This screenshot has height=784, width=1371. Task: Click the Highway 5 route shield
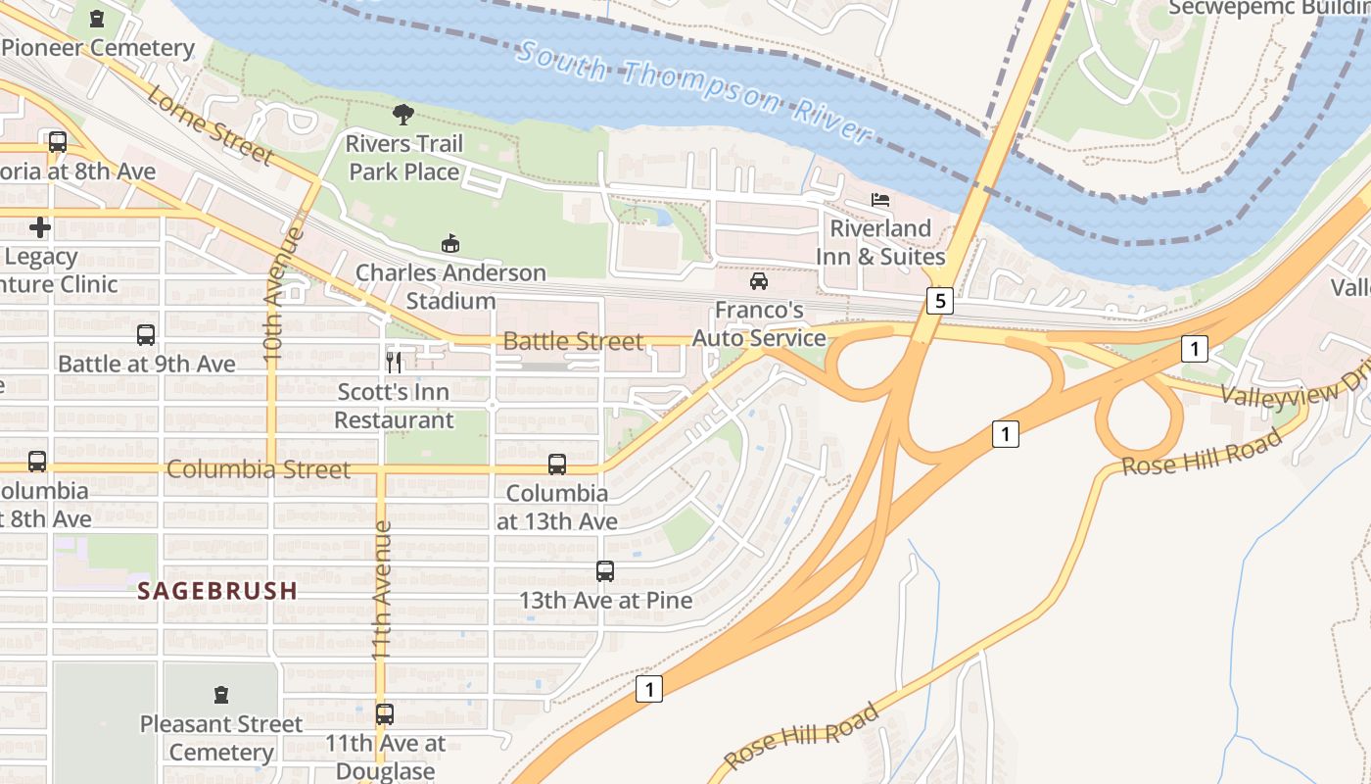(x=939, y=301)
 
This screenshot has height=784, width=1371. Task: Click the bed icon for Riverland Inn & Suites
(x=880, y=200)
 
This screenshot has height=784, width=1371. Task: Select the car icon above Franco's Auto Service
(x=758, y=282)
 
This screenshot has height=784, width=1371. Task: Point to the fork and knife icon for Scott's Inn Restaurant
(x=394, y=364)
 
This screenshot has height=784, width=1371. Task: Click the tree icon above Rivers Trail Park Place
(x=402, y=115)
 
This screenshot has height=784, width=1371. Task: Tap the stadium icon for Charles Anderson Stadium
(x=450, y=243)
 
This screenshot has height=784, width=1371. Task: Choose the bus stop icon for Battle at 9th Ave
(x=146, y=335)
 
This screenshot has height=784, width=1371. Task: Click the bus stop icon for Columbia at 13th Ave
(x=557, y=465)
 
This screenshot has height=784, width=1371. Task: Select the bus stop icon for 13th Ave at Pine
(x=605, y=571)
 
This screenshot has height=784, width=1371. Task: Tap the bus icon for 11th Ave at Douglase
(x=385, y=714)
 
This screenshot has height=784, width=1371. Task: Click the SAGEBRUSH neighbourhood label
(x=217, y=591)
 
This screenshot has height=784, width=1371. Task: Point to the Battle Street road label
(x=573, y=341)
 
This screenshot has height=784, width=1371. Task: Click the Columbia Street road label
(x=258, y=469)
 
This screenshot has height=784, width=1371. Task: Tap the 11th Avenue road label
(x=382, y=588)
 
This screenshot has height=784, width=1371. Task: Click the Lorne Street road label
(x=211, y=124)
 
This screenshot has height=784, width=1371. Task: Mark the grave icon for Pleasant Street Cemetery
(x=221, y=695)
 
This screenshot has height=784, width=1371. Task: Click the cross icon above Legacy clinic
(x=40, y=227)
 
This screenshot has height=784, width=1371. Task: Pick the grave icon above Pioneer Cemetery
(x=96, y=19)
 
